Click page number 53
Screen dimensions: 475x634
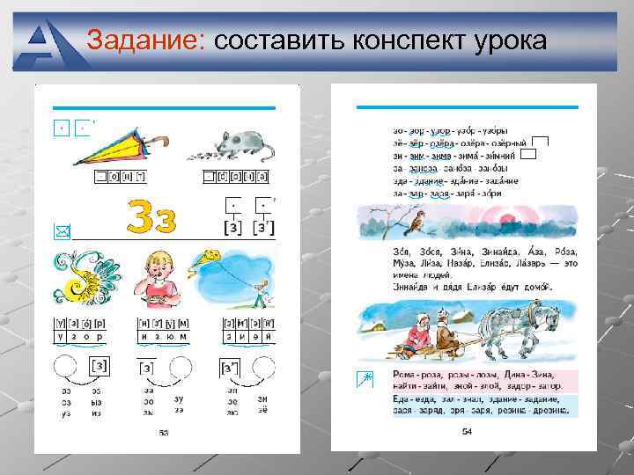tap(163, 432)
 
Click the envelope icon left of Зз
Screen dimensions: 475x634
tap(60, 230)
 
